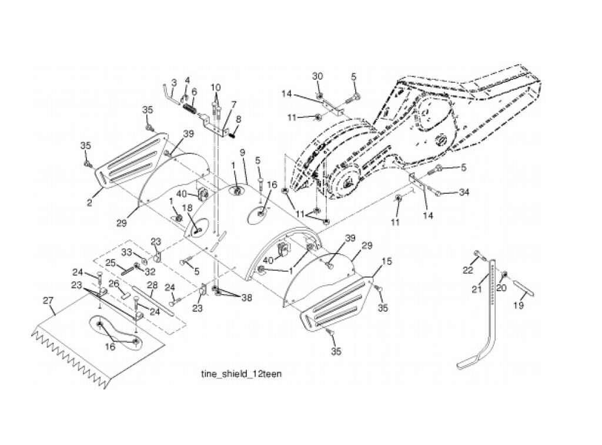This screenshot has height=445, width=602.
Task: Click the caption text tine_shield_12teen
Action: [241, 374]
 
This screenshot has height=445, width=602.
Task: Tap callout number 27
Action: [48, 300]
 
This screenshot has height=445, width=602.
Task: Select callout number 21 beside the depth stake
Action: [476, 289]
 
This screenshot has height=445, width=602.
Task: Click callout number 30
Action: [317, 76]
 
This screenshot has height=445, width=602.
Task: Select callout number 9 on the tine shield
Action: [242, 153]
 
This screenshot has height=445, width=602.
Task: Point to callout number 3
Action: [174, 82]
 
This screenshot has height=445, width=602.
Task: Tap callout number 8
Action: [239, 119]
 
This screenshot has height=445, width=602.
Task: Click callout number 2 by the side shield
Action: [89, 203]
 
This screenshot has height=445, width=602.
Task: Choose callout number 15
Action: [387, 261]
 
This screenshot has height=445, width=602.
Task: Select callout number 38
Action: [246, 297]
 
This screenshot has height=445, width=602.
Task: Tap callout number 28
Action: [152, 285]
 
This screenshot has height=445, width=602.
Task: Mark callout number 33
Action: [127, 252]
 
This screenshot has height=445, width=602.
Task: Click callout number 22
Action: [467, 271]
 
